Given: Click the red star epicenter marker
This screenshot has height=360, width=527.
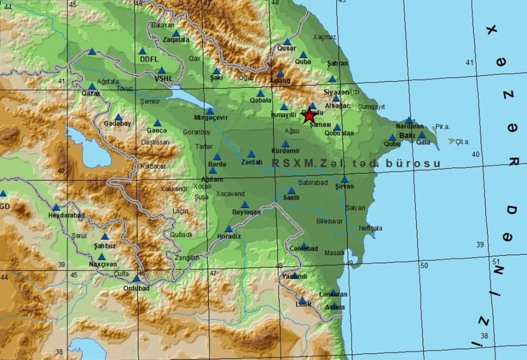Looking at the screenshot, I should (x=309, y=116).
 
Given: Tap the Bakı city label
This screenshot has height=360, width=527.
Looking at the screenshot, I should (x=407, y=135).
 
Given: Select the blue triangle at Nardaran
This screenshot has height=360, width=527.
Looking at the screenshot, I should (x=409, y=121).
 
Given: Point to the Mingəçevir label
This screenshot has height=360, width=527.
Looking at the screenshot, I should (x=211, y=118).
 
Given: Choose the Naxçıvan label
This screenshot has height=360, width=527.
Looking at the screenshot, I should (x=103, y=265).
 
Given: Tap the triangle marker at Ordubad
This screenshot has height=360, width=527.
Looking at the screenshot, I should (x=136, y=278).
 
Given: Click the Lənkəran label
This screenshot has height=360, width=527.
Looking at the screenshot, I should (x=333, y=294).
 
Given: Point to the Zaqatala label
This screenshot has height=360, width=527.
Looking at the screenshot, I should (x=176, y=40).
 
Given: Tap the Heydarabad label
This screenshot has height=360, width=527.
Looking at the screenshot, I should (x=67, y=215).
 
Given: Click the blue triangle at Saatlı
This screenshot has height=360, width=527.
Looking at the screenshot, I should (x=291, y=190).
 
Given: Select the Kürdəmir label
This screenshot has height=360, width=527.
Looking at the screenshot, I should (x=285, y=151).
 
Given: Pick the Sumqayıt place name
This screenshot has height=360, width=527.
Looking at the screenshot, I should (x=372, y=106).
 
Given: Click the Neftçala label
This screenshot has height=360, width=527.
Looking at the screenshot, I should (x=371, y=228).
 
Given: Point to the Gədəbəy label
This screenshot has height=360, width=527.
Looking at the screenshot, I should (x=117, y=123).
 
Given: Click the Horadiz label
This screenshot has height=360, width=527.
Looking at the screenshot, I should (x=229, y=237).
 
